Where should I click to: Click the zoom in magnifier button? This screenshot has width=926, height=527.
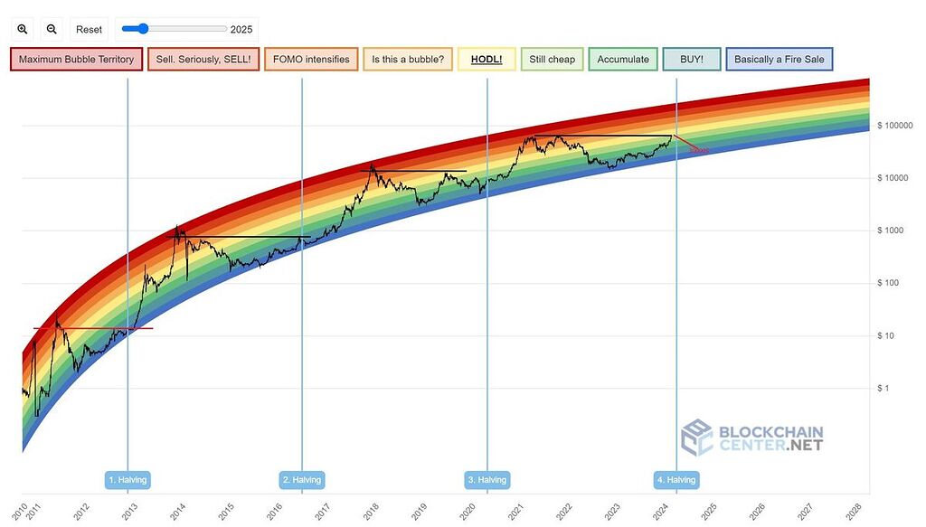[23, 30]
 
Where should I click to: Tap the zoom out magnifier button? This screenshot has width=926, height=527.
[52, 30]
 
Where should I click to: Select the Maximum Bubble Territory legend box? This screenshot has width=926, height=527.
[76, 60]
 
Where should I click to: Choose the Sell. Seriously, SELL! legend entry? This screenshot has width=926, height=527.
[203, 60]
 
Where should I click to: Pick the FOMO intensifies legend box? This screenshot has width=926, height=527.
[311, 60]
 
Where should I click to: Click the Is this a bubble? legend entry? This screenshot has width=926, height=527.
[407, 60]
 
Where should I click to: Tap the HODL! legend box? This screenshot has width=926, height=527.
[487, 60]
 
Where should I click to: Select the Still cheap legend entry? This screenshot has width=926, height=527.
[552, 60]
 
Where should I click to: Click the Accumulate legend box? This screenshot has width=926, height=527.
[623, 60]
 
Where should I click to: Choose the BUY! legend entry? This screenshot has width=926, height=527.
[691, 60]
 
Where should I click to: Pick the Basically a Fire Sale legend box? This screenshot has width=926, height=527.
[779, 60]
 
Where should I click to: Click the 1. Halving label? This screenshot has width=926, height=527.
[127, 479]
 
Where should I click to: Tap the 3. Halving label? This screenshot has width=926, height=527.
[487, 479]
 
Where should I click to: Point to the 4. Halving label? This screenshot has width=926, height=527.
[676, 479]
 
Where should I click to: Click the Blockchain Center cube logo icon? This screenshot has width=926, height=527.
[697, 437]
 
